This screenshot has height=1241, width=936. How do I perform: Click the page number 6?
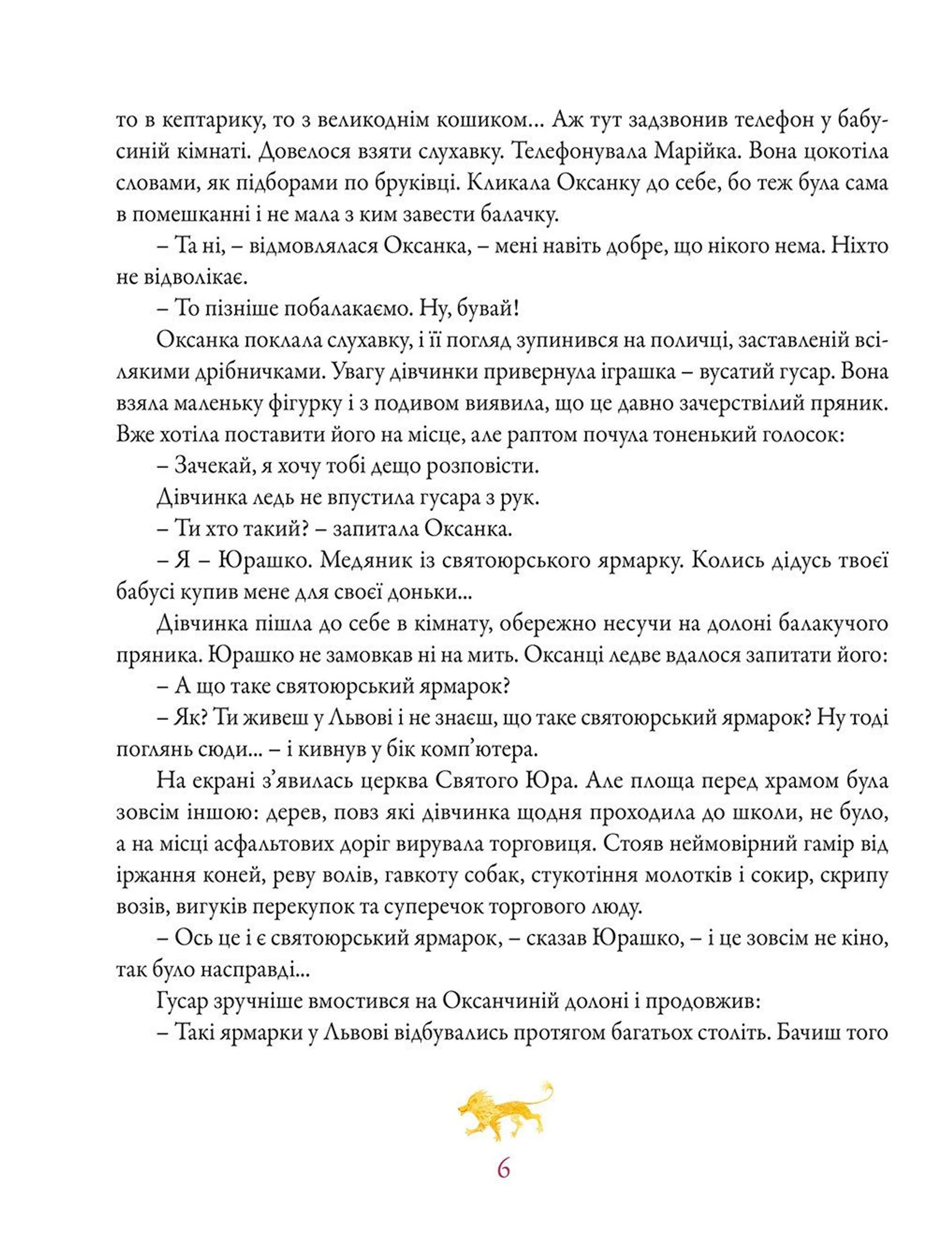(x=503, y=1169)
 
